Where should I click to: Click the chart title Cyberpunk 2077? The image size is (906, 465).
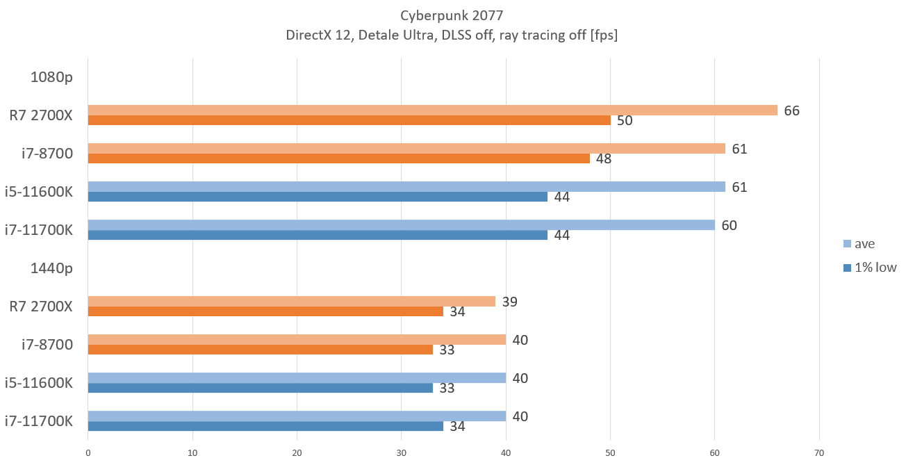pos(452,15)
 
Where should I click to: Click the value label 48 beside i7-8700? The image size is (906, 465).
pos(604,158)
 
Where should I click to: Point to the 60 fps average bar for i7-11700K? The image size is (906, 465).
pos(401,225)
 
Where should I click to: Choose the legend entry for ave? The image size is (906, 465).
pos(864,243)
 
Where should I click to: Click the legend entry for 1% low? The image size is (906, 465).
pos(873,268)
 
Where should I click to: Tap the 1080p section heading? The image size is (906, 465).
pos(51,77)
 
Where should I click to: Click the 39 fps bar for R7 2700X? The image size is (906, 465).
pos(291,301)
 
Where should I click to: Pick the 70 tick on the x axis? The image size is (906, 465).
pos(819,453)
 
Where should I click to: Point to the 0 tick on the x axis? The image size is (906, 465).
pos(88,453)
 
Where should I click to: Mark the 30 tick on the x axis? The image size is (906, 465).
pos(402,453)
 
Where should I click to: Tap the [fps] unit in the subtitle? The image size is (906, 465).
pos(603,35)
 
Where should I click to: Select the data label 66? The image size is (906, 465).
pos(792,111)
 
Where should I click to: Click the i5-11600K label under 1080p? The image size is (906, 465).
pos(39,192)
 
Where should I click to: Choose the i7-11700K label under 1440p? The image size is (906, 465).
pos(39,421)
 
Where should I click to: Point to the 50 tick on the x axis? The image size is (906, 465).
pos(610,453)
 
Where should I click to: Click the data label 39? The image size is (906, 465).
pos(510,302)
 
